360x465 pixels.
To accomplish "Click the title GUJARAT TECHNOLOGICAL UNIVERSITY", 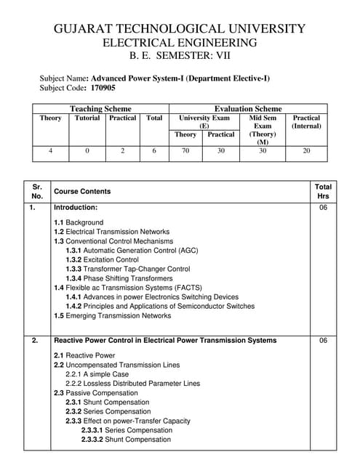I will [x=180, y=29].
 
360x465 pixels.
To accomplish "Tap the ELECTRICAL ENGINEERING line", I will [x=180, y=43].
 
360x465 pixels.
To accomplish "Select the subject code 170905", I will [x=103, y=88].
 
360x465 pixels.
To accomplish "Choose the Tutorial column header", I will [x=87, y=118].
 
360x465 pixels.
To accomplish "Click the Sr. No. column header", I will [x=37, y=191].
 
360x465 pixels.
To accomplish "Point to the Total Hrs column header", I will [x=323, y=191].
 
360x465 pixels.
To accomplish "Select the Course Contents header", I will [x=82, y=192].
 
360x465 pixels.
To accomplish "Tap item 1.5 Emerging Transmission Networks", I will [x=112, y=316].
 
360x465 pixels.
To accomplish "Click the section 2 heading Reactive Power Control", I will [x=165, y=340].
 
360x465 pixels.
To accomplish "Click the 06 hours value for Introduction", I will [x=323, y=208].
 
